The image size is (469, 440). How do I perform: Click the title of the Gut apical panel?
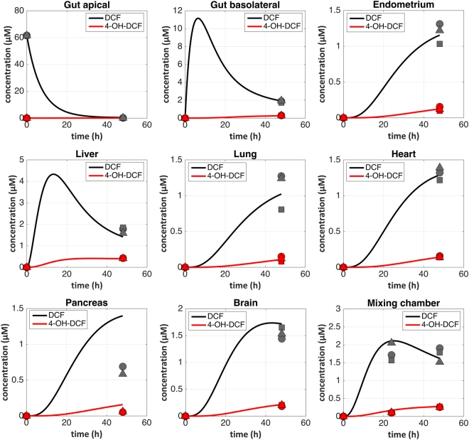[87, 5]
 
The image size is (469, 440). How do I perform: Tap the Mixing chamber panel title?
[404, 303]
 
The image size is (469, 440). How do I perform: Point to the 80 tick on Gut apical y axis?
[19, 11]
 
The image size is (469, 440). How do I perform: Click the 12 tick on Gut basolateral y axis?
[178, 11]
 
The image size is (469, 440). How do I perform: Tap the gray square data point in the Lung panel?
[281, 210]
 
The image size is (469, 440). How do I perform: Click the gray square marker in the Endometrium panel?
[439, 44]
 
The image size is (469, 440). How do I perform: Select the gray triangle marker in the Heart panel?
[439, 167]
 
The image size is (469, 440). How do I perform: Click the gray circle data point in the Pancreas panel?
[123, 366]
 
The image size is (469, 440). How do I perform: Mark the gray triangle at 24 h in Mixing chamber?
[392, 342]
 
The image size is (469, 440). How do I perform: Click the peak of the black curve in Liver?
[53, 174]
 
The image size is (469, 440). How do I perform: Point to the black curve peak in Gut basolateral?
[198, 18]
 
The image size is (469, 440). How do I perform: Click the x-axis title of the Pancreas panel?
[87, 434]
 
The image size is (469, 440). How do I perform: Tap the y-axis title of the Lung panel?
[164, 213]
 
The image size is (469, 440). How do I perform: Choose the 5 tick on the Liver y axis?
[21, 160]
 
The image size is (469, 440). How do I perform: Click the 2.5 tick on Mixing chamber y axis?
[335, 327]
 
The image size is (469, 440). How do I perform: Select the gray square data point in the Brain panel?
[281, 328]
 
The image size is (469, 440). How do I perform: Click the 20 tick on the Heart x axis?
[383, 274]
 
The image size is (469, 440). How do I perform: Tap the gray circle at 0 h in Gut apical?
[26, 36]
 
